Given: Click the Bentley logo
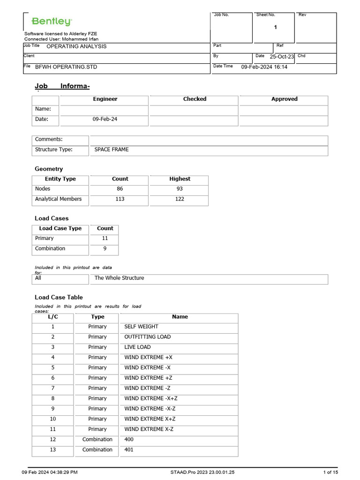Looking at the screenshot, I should [x=52, y=22].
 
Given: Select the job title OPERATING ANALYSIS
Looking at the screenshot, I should [x=76, y=46].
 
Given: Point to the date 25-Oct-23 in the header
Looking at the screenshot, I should [x=282, y=57].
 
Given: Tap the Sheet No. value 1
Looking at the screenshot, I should [x=275, y=27].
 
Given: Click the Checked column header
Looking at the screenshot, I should [x=195, y=99].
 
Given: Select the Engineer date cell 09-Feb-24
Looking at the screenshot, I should [x=105, y=120].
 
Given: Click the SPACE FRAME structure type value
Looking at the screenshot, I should [x=112, y=150].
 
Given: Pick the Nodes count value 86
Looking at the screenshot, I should [x=120, y=189].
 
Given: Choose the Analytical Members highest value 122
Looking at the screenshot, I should [x=180, y=199].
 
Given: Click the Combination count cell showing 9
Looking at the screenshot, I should [x=105, y=249].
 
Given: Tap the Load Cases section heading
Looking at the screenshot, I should [x=52, y=218].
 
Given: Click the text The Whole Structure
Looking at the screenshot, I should [x=119, y=278].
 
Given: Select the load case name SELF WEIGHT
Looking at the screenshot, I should [x=141, y=327].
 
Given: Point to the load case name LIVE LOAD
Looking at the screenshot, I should [x=137, y=347].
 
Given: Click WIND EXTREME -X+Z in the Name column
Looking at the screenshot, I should [x=150, y=398].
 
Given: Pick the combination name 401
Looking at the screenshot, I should [x=129, y=450].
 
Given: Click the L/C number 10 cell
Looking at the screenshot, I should [x=52, y=419].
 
